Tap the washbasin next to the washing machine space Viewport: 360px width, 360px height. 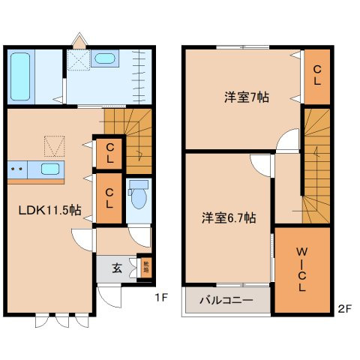coord(105,59)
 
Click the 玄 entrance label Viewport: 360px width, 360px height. coord(117,267)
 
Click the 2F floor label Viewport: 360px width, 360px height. coord(343,307)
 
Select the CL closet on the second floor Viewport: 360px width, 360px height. coord(317,75)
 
